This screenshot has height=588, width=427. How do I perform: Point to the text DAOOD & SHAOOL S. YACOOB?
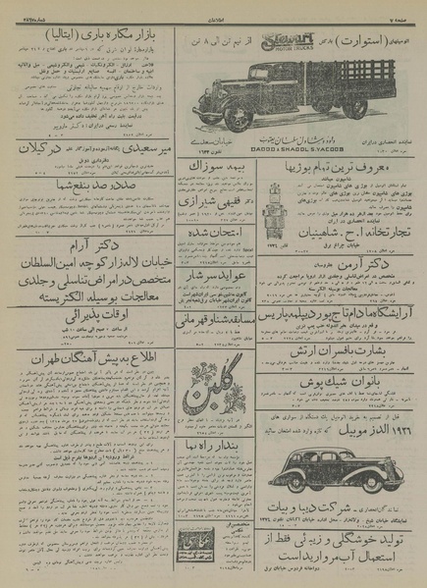click(x=294, y=148)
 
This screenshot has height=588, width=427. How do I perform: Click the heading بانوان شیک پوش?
click(x=335, y=402)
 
